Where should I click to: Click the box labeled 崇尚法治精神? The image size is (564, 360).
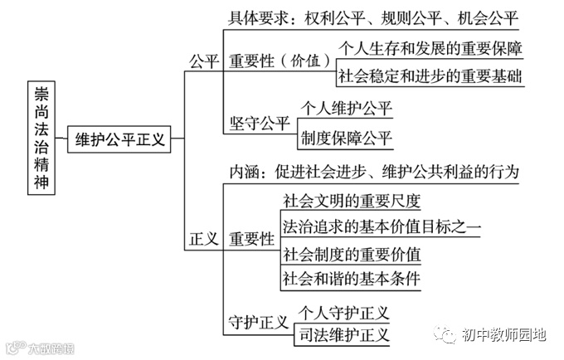click(x=41, y=138)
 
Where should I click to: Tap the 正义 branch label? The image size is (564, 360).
click(x=203, y=239)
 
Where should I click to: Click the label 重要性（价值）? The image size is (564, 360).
click(x=280, y=61)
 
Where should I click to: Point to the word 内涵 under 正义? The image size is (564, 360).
click(x=246, y=173)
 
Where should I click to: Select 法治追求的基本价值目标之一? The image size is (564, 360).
click(x=381, y=226)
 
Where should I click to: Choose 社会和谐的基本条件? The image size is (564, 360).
click(x=352, y=277)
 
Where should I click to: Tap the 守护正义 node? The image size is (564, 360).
click(x=258, y=321)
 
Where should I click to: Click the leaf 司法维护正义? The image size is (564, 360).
click(x=344, y=335)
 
